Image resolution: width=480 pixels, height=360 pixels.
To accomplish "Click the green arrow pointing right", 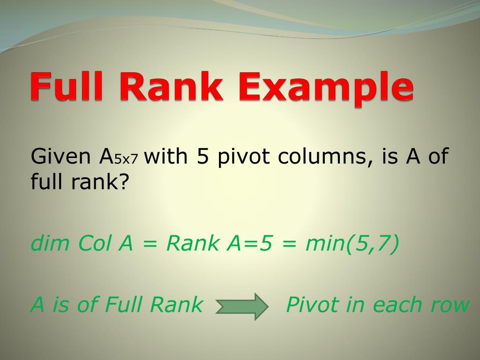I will click(241, 307).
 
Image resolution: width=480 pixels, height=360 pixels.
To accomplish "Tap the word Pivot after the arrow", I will click(312, 305).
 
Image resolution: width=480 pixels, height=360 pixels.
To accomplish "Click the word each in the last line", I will click(401, 305).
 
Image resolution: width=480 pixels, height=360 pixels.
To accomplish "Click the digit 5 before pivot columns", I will click(202, 157).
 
